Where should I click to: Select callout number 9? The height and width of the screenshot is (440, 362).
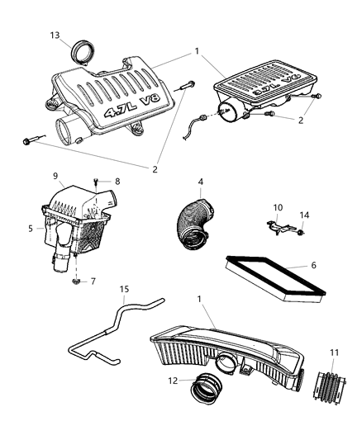pyautogui.click(x=56, y=176)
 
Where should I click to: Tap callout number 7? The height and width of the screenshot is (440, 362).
pyautogui.click(x=93, y=282)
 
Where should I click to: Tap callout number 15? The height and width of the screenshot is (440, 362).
pyautogui.click(x=123, y=289)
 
